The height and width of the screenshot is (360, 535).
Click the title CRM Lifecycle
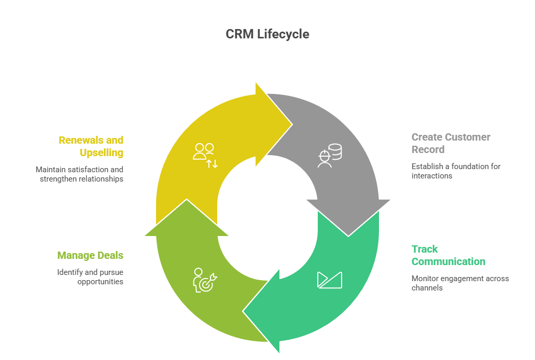point(267,34)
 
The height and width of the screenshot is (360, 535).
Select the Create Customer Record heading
point(450,143)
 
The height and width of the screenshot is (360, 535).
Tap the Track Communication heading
point(448,255)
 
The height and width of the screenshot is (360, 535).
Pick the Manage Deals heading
point(90,255)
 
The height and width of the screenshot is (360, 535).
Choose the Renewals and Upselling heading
point(91,146)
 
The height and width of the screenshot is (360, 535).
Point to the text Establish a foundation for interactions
point(456,171)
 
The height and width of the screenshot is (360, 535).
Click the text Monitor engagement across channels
point(460,283)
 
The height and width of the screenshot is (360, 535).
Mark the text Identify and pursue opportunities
point(90,276)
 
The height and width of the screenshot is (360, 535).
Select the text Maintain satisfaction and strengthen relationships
point(79,174)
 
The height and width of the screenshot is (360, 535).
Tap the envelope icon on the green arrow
point(330,280)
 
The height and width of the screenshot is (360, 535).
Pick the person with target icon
point(205,280)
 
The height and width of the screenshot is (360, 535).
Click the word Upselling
point(101,153)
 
